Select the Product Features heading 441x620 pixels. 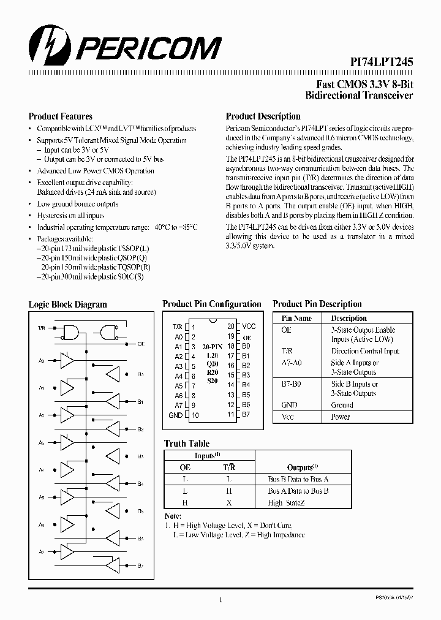[61, 116]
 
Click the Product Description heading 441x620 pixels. [263, 116]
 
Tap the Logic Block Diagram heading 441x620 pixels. [67, 304]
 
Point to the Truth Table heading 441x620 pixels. [187, 444]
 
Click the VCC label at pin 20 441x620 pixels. [249, 327]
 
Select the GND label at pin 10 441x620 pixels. [175, 415]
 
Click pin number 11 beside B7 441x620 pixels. [230, 415]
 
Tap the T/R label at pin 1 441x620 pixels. [178, 327]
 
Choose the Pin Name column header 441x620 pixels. [296, 319]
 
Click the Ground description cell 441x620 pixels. [342, 405]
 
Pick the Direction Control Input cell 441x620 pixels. [365, 352]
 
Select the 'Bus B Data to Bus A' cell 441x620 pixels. [298, 479]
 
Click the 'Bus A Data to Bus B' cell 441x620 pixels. [298, 491]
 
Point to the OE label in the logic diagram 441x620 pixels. [141, 344]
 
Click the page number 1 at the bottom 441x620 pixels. [221, 600]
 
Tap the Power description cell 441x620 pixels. [340, 417]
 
